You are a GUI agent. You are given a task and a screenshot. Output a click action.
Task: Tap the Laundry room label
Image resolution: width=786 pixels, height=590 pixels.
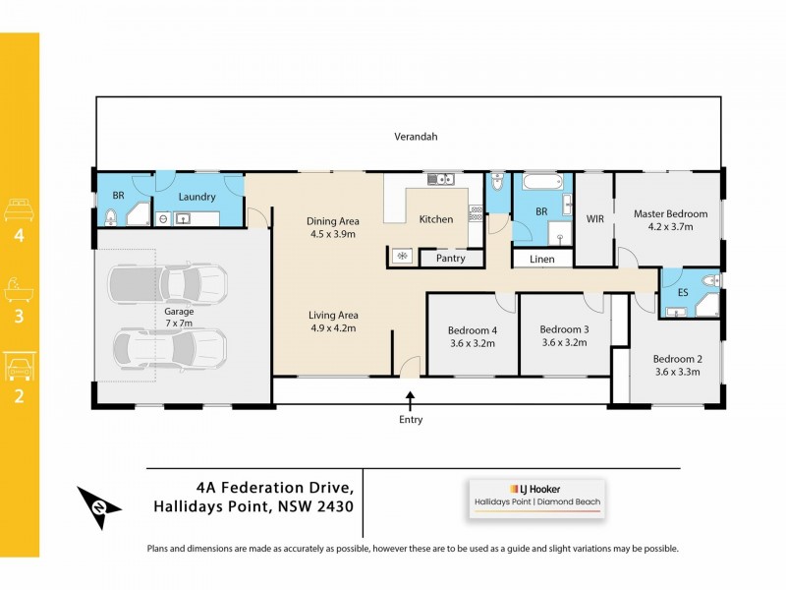196,197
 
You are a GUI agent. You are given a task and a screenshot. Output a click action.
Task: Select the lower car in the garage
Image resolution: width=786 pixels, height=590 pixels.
168,346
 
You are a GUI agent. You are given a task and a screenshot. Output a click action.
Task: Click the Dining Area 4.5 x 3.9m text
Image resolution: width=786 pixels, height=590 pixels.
333,227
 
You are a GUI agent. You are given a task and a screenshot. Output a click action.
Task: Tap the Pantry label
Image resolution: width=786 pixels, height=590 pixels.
451,258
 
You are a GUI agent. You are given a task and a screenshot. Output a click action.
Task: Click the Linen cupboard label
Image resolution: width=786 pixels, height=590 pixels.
541,260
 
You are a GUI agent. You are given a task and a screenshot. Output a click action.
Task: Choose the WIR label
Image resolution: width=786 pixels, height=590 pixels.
593,219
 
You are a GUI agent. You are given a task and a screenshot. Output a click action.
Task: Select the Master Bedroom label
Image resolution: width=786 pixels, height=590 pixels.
670,219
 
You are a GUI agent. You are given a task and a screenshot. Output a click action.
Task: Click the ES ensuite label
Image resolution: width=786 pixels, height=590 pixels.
683,293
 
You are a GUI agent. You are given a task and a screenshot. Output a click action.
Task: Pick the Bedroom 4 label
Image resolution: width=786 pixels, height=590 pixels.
473,336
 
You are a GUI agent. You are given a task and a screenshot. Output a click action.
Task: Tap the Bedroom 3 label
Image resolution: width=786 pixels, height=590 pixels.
564,335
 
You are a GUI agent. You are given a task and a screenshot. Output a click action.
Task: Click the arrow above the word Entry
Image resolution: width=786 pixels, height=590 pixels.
411,398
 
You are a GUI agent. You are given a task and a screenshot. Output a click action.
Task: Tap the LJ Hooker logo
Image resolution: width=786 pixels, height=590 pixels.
535,488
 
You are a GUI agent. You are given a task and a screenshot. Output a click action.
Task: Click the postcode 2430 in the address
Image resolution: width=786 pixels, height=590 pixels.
331,506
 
